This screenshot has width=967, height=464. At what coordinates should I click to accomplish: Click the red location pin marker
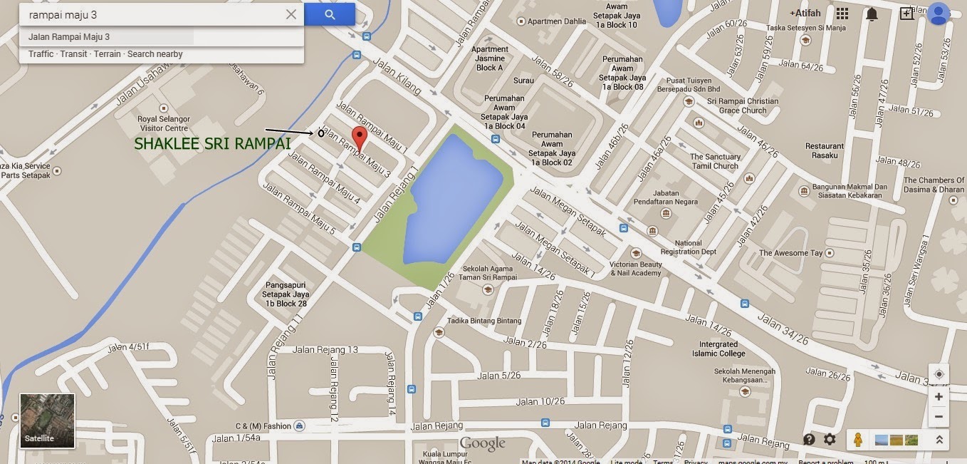coord(360,138)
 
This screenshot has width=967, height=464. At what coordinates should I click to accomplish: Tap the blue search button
coord(329,14)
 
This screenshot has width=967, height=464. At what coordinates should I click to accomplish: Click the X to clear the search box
coord(291,14)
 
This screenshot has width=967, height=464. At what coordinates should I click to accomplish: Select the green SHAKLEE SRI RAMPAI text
coord(212,144)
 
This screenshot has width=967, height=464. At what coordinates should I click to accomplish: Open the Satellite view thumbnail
coord(47,421)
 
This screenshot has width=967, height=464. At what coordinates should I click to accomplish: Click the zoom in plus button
coord(939,397)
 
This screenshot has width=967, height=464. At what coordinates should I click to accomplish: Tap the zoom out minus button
coord(939,417)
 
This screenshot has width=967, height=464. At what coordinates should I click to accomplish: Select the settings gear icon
coord(830,440)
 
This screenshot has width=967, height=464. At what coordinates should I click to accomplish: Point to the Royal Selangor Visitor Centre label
coord(163,124)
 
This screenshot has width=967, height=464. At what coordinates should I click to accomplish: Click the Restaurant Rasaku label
coord(825,151)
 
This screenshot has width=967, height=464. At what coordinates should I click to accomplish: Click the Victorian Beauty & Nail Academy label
coord(636,269)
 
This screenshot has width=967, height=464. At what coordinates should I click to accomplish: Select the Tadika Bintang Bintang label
coord(490,321)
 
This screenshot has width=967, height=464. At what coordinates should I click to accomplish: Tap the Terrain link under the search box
coord(108,54)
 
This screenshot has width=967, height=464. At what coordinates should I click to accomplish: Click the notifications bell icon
coord(872,14)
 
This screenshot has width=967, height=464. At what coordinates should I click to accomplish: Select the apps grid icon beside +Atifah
coord(842,14)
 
